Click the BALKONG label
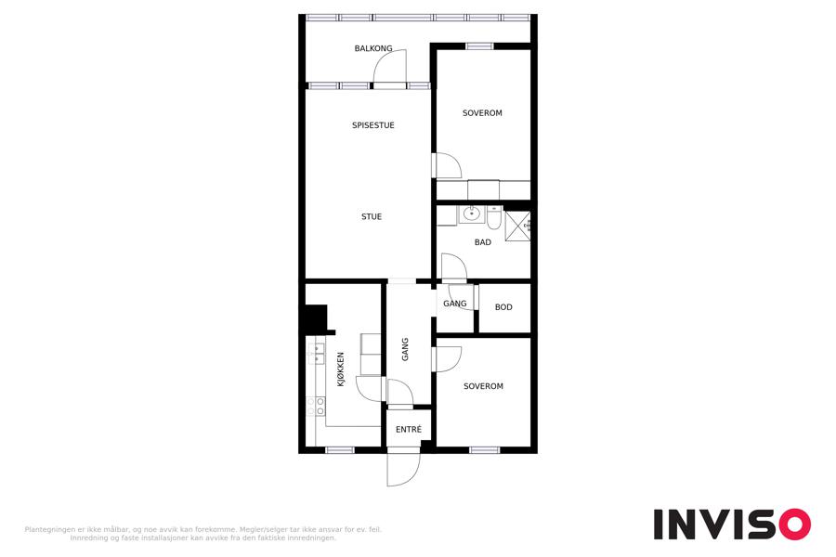[373, 48]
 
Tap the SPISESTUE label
[373, 125]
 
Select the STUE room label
[372, 216]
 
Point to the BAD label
[482, 242]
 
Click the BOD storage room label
[503, 307]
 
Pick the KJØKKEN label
[341, 369]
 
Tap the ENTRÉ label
[409, 429]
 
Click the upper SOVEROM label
[482, 113]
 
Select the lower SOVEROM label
[483, 386]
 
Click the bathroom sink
[471, 214]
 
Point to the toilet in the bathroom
[494, 217]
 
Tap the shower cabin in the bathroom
[517, 226]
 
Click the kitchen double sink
[316, 354]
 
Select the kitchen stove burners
[316, 407]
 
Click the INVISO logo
[732, 524]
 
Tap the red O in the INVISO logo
[795, 524]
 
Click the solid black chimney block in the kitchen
[316, 318]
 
